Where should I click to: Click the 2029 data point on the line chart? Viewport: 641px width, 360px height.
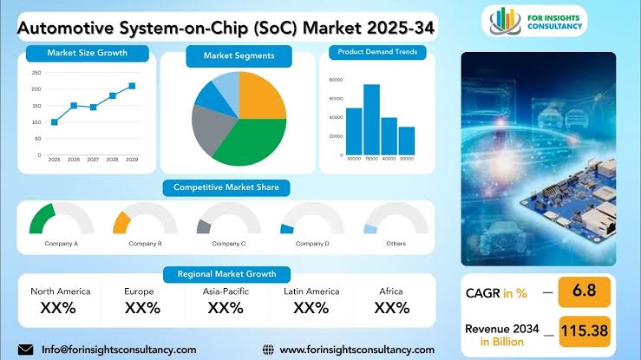pos(132,86)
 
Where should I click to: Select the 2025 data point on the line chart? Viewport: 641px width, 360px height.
pos(55,121)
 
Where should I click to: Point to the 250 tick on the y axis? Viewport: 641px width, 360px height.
pos(36,72)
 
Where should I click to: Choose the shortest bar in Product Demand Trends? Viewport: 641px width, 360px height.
pos(406,140)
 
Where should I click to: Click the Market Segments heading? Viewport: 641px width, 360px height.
pos(239,56)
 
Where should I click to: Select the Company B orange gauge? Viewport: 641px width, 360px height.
pos(121,220)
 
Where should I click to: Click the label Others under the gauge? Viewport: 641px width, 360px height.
pos(396,244)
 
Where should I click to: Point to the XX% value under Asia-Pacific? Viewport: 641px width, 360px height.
pos(226,308)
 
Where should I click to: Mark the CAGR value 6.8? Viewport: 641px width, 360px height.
pos(585,292)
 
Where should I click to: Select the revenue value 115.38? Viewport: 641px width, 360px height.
pos(585,329)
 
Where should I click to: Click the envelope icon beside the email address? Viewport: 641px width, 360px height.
pos(25,350)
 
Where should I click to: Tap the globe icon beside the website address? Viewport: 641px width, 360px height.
pos(268,350)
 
